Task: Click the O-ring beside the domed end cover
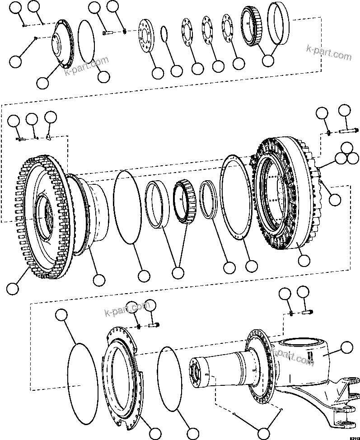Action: pos(86,40)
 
